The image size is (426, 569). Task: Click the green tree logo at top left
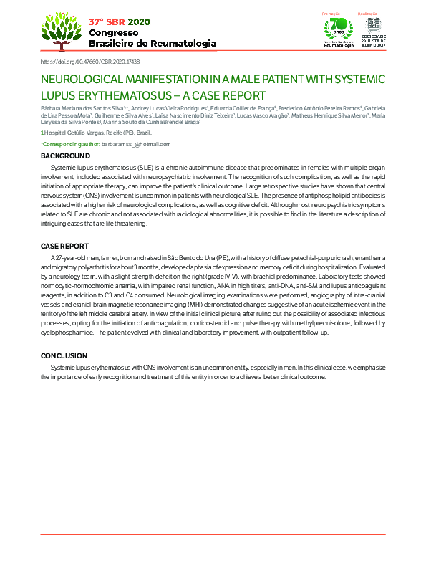(x=61, y=30)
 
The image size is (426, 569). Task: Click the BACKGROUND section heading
(x=65, y=156)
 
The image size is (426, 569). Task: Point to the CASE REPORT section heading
(x=65, y=246)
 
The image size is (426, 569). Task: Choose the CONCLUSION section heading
(x=64, y=356)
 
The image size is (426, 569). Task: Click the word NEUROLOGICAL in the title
(x=84, y=80)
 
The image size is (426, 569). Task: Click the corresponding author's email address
(x=136, y=144)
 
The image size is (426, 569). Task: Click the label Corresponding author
(x=69, y=144)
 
